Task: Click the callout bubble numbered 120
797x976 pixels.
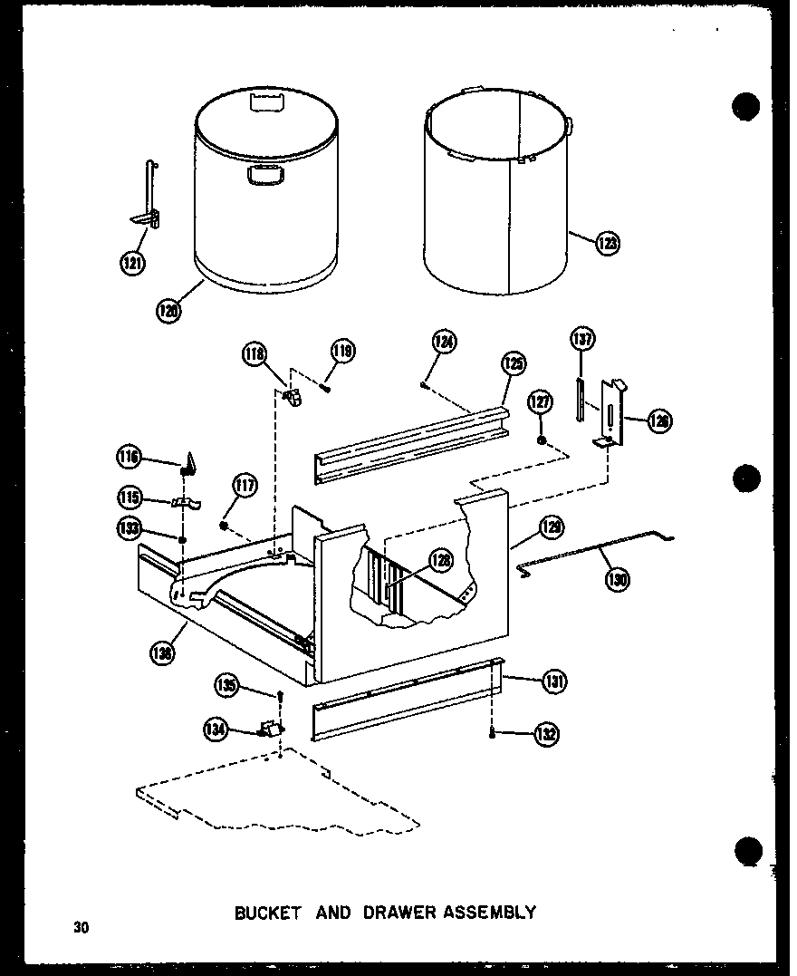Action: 168,311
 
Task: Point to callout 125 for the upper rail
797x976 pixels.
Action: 513,365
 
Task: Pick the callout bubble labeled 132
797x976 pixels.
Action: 546,734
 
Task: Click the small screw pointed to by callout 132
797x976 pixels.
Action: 492,732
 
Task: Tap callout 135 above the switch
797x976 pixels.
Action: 227,686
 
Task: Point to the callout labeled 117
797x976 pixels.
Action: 244,487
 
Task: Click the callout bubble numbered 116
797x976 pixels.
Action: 129,459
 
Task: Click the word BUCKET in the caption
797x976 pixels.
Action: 268,913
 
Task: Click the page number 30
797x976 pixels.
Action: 82,927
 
